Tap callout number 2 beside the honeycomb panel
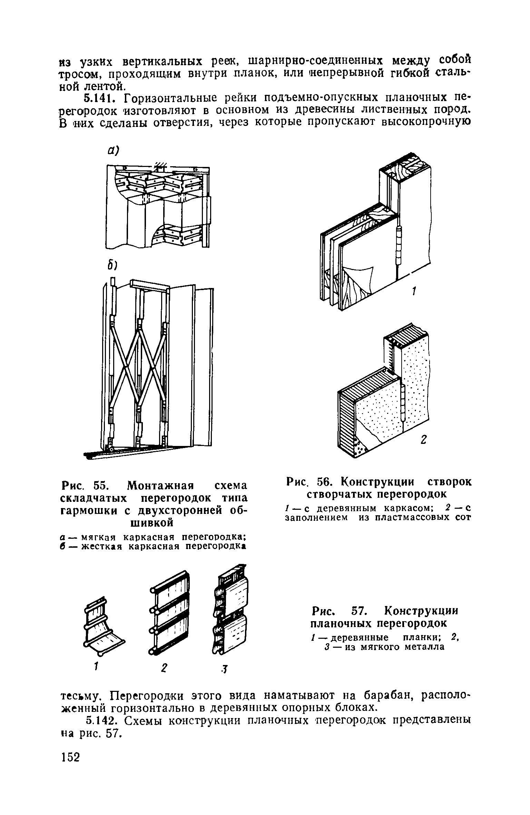pyautogui.click(x=423, y=440)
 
